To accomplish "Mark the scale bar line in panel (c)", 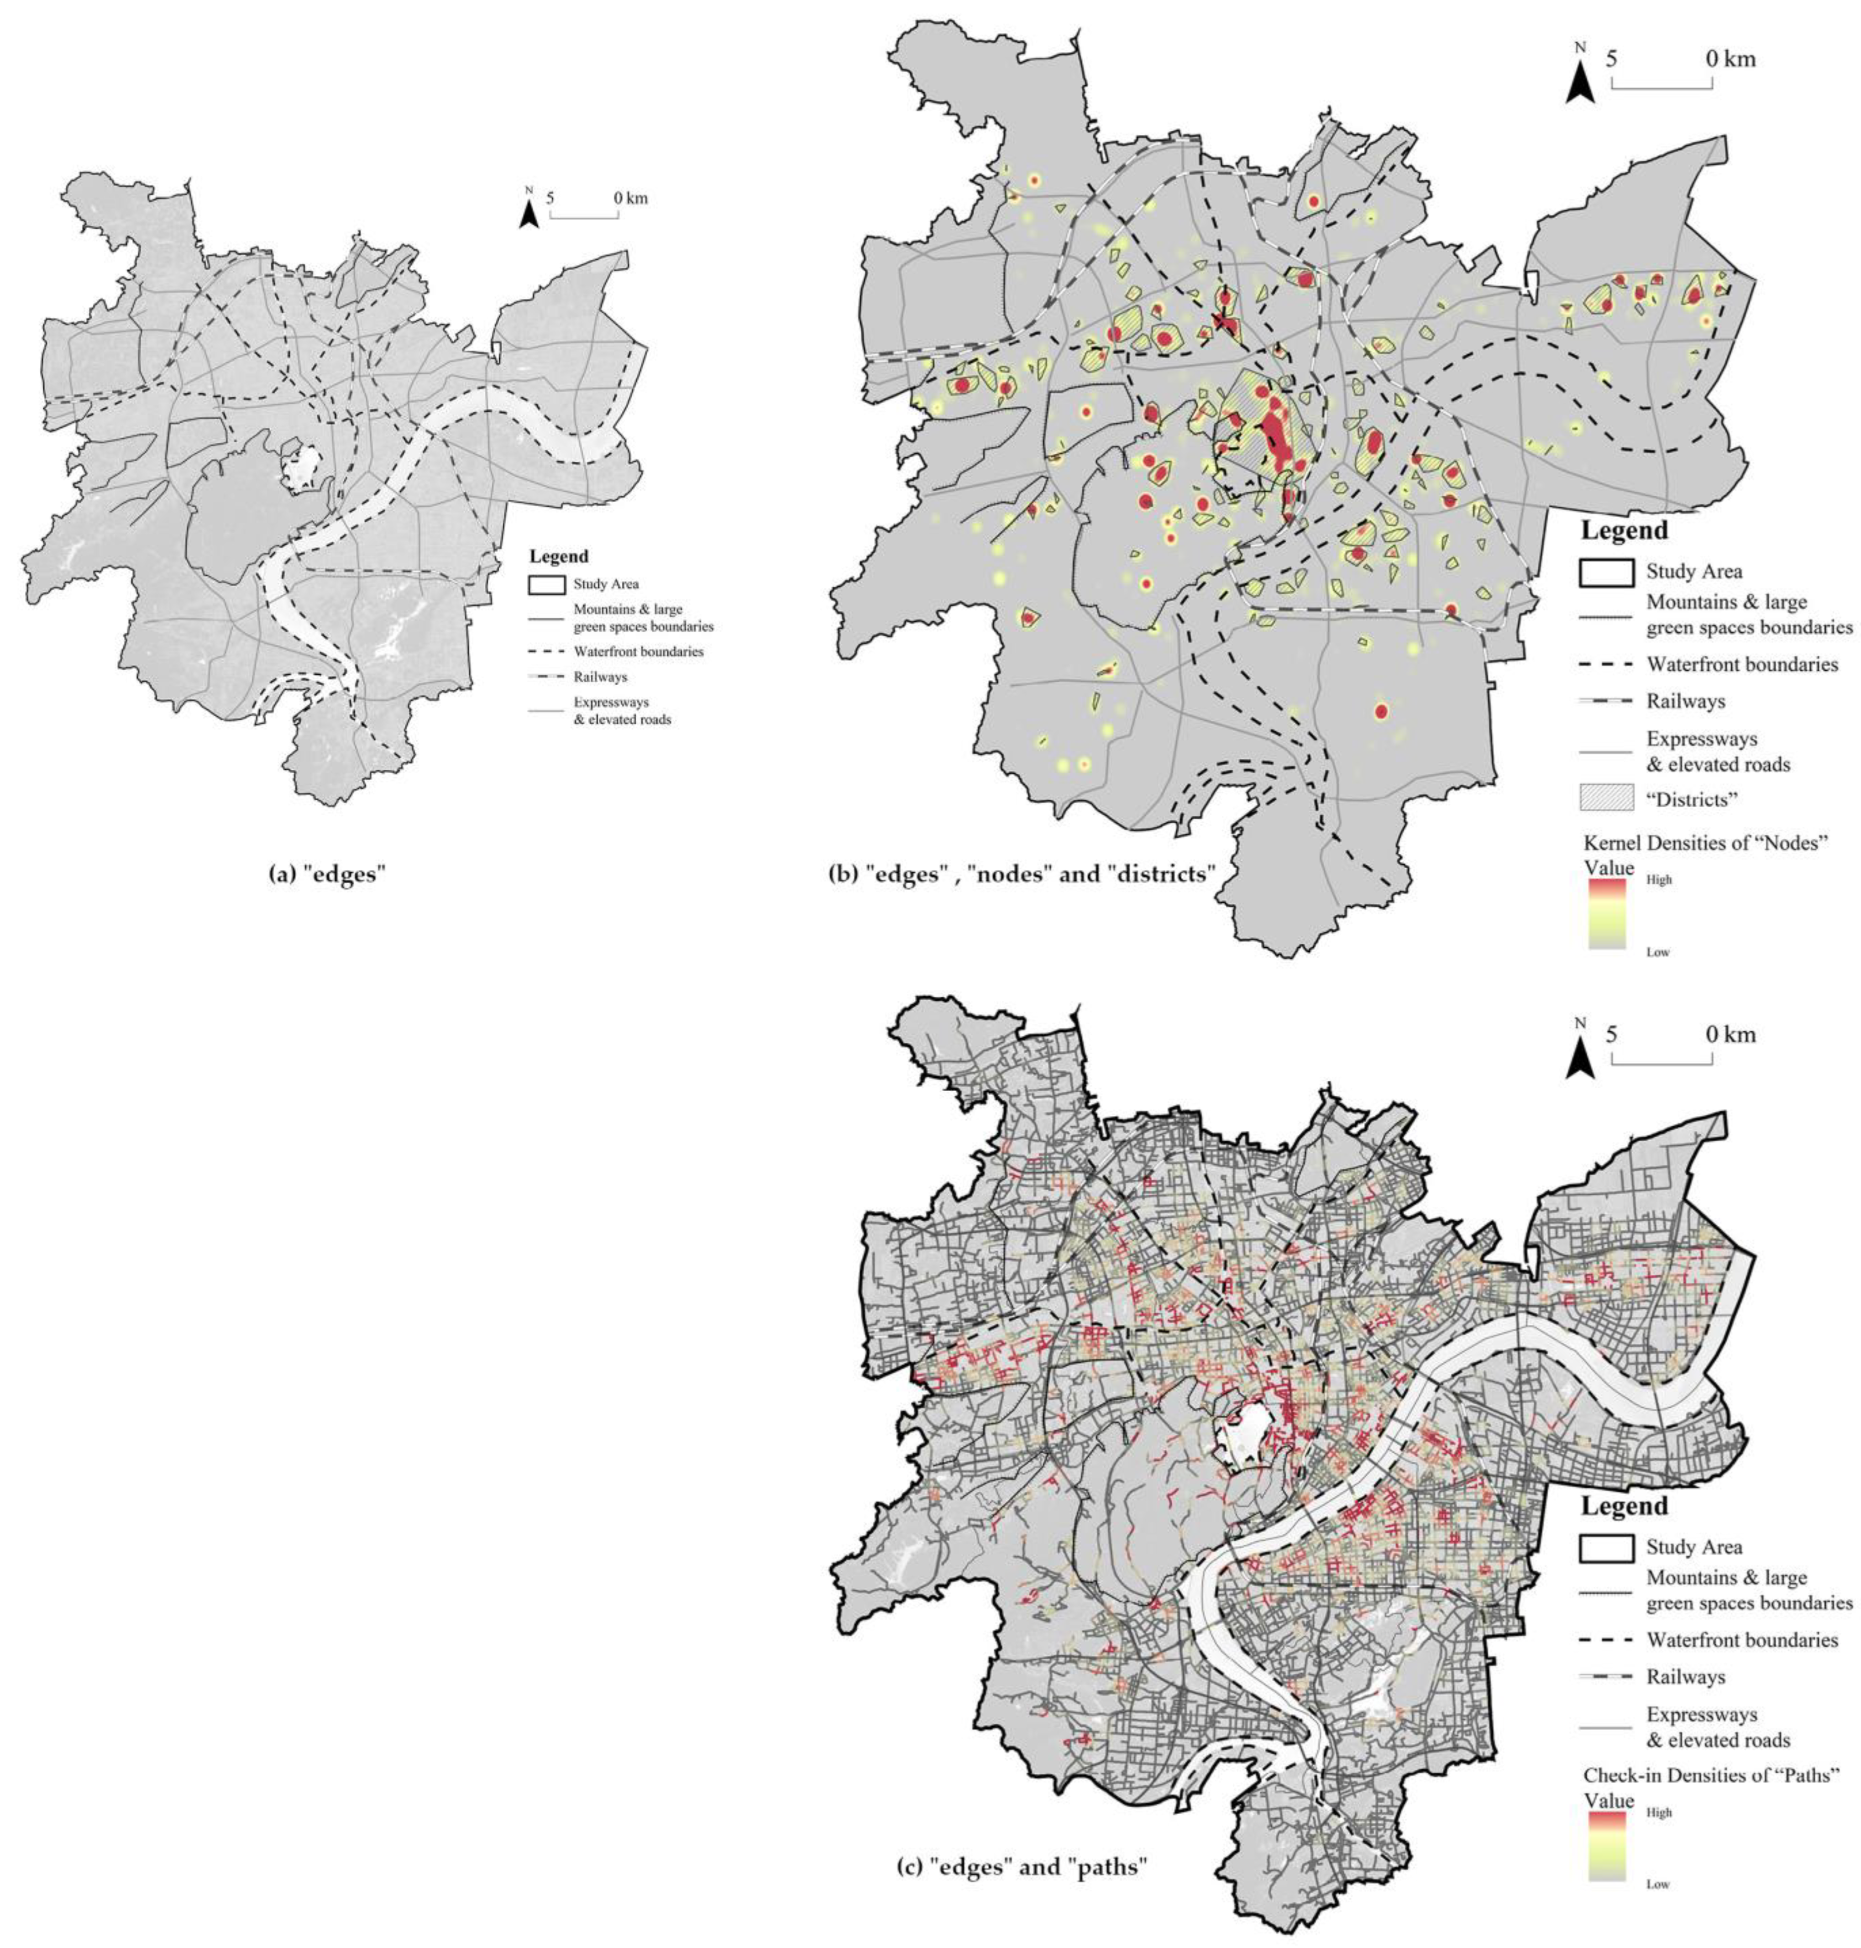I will click(1662, 1063).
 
